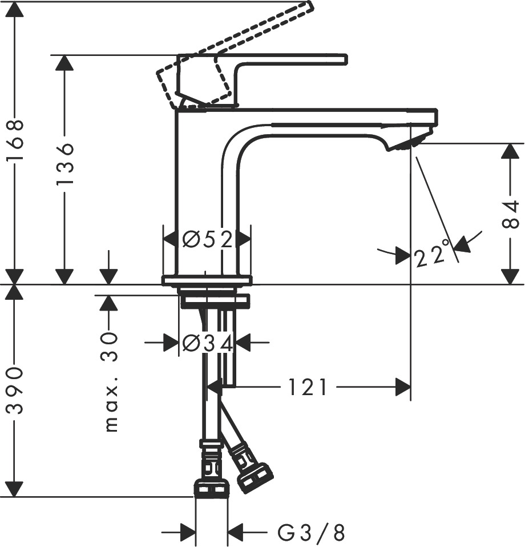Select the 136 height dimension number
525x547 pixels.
[65, 163]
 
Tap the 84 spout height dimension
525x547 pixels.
[511, 214]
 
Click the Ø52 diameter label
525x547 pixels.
[207, 240]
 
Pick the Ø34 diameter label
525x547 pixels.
[207, 343]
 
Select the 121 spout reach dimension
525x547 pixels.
[308, 387]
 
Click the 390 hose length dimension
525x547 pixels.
[15, 391]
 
